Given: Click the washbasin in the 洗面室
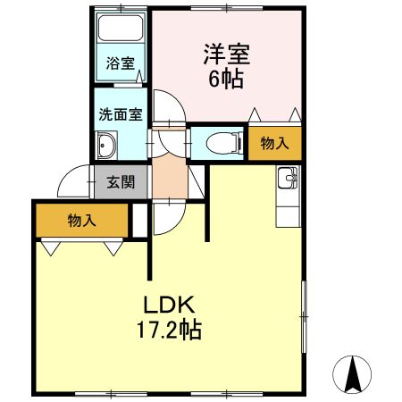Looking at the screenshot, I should (107, 143).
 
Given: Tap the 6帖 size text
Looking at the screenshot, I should (226, 79).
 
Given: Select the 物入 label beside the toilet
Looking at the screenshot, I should (274, 143).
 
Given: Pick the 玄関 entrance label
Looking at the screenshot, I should (121, 182).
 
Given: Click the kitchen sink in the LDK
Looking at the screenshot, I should (289, 180).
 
